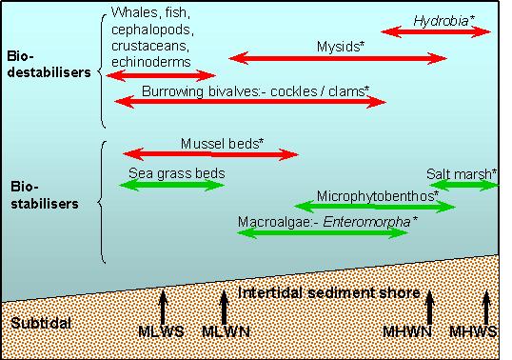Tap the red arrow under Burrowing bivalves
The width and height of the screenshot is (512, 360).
pyautogui.click(x=248, y=100)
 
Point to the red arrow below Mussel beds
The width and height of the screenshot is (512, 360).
pyautogui.click(x=210, y=152)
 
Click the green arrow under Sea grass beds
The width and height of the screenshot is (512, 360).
pyautogui.click(x=171, y=185)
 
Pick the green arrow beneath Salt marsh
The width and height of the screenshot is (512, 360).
pyautogui.click(x=464, y=185)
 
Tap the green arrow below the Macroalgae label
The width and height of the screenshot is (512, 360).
pyautogui.click(x=324, y=231)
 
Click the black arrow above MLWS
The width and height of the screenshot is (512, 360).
pyautogui.click(x=162, y=307)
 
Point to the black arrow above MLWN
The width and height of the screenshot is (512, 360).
pyautogui.click(x=225, y=307)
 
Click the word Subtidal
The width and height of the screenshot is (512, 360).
pyautogui.click(x=41, y=324)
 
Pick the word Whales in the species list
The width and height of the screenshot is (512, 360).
pyautogui.click(x=133, y=12)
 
